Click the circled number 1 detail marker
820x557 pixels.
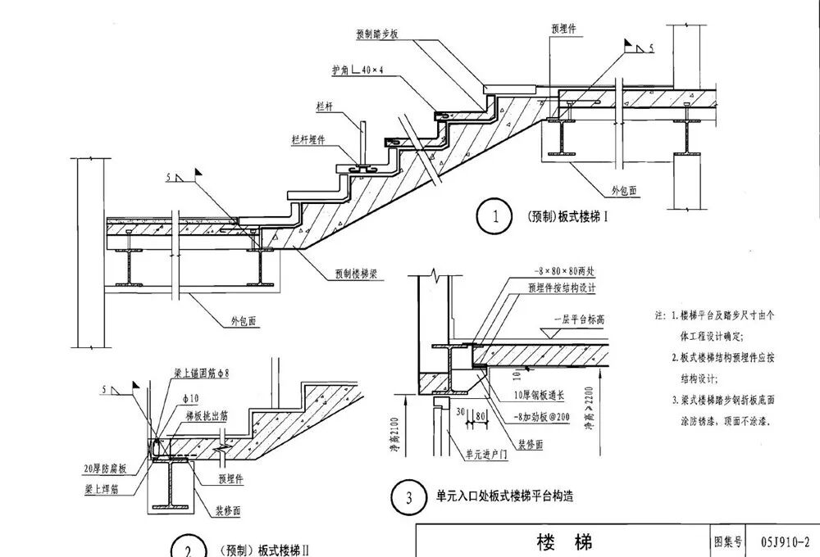point(494,218)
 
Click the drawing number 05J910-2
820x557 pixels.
point(784,541)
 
